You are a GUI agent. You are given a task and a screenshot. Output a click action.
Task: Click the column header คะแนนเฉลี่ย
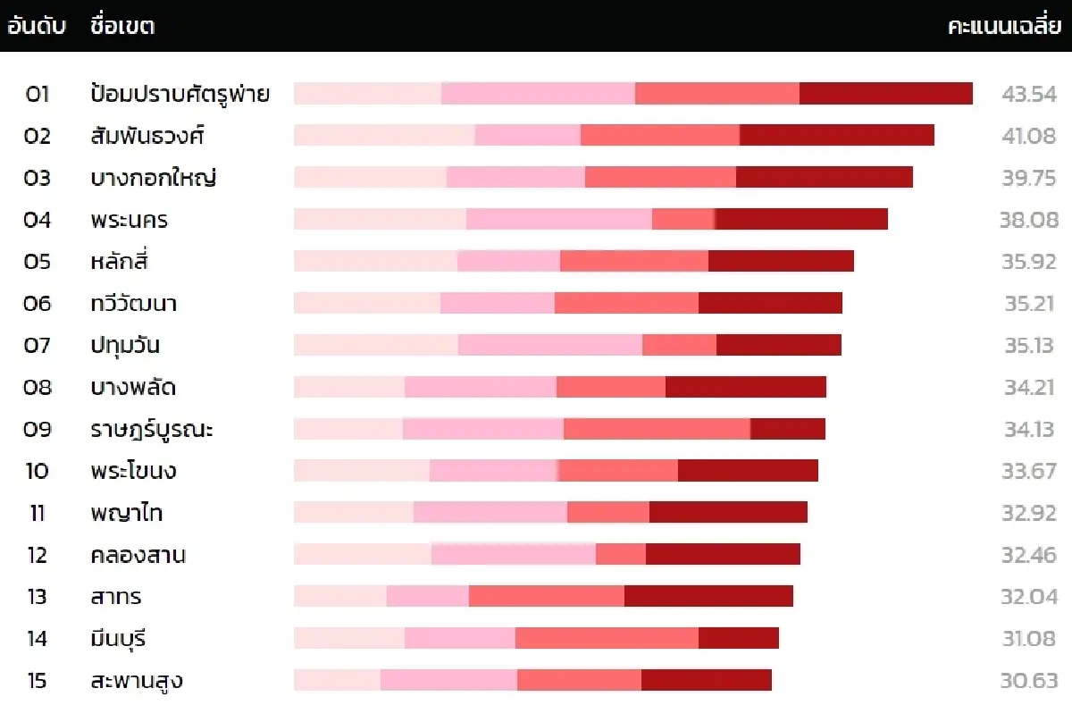click(x=1002, y=26)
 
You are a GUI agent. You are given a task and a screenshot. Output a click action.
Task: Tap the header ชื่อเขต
click(x=122, y=26)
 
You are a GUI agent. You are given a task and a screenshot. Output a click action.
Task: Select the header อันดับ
click(x=37, y=26)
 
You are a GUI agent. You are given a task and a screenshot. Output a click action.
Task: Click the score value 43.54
click(x=1029, y=94)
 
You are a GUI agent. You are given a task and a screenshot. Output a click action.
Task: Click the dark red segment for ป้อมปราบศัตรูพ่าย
click(x=885, y=94)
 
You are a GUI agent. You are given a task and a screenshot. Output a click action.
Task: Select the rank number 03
click(x=38, y=178)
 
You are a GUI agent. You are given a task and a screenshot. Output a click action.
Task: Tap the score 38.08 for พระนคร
click(x=1028, y=220)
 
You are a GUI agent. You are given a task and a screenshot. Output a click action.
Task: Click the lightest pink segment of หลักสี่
click(x=375, y=261)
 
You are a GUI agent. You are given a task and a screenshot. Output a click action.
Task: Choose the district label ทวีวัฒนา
click(x=133, y=303)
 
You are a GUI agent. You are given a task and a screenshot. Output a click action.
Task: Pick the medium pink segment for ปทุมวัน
click(x=549, y=345)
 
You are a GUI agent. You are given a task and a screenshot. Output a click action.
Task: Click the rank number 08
click(x=38, y=387)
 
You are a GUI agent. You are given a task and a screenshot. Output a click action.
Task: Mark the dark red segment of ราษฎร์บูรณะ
click(x=787, y=429)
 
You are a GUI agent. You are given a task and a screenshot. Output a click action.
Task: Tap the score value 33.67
click(x=1029, y=471)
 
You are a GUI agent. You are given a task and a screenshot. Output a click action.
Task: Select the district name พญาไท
click(x=126, y=513)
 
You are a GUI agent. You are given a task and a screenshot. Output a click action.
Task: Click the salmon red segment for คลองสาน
click(x=620, y=555)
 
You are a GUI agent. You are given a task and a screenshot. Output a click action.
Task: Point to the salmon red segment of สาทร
click(x=546, y=596)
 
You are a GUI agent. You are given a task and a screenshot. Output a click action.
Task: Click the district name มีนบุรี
click(x=118, y=638)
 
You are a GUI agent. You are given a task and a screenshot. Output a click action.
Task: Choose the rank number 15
click(x=38, y=680)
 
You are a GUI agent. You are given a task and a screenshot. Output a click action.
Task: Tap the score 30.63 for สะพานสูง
click(x=1028, y=680)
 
